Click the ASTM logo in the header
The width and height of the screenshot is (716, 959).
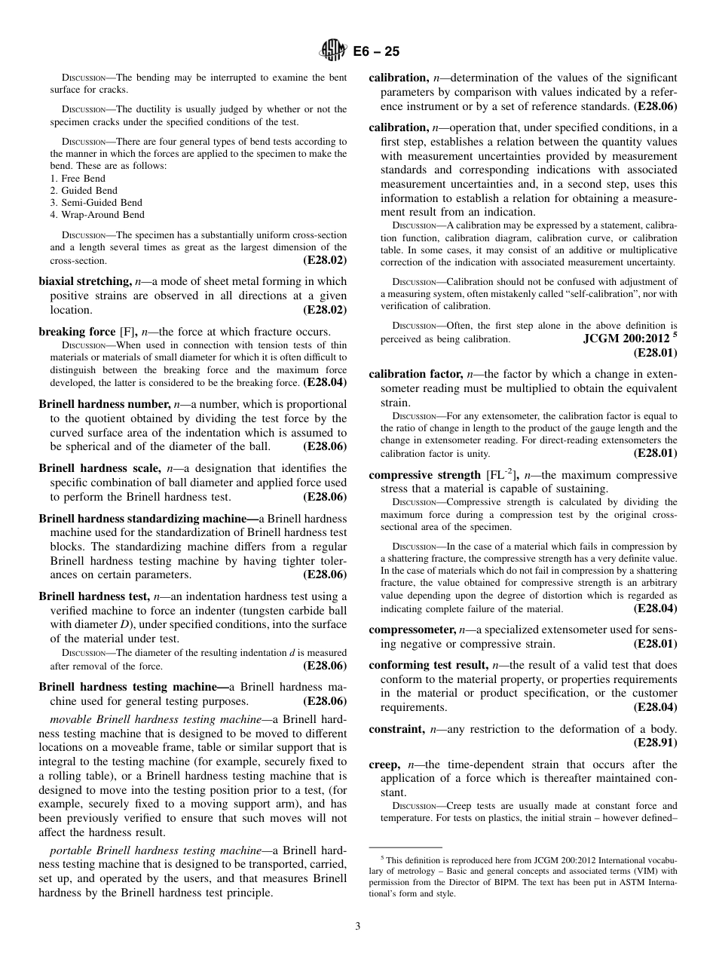tap(334, 51)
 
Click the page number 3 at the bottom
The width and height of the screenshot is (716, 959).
tap(358, 927)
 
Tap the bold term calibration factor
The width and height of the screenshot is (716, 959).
tap(415, 374)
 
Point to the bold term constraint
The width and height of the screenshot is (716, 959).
tap(396, 729)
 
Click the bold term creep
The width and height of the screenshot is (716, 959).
tap(384, 764)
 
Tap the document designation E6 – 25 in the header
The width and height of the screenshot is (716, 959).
tap(376, 51)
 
